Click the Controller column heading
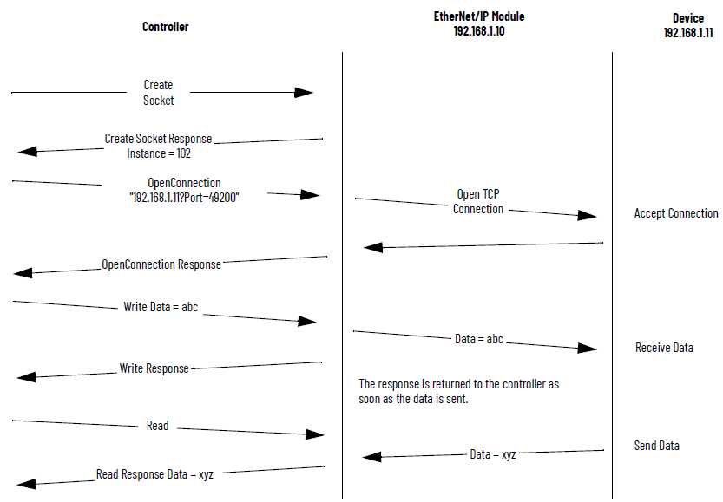[165, 27]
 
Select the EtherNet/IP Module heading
[479, 16]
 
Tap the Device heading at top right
[687, 18]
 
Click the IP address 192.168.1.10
[479, 31]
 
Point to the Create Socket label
[159, 93]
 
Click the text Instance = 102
[159, 153]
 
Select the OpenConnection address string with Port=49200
[183, 198]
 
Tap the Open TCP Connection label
[478, 202]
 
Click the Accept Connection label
[676, 213]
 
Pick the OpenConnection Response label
[161, 264]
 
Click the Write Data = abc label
[161, 307]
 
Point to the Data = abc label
[479, 339]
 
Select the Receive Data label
[664, 348]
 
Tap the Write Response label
[154, 368]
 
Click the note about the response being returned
[463, 391]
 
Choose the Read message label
[158, 426]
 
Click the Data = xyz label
[493, 453]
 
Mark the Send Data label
[657, 446]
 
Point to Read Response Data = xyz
[154, 474]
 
